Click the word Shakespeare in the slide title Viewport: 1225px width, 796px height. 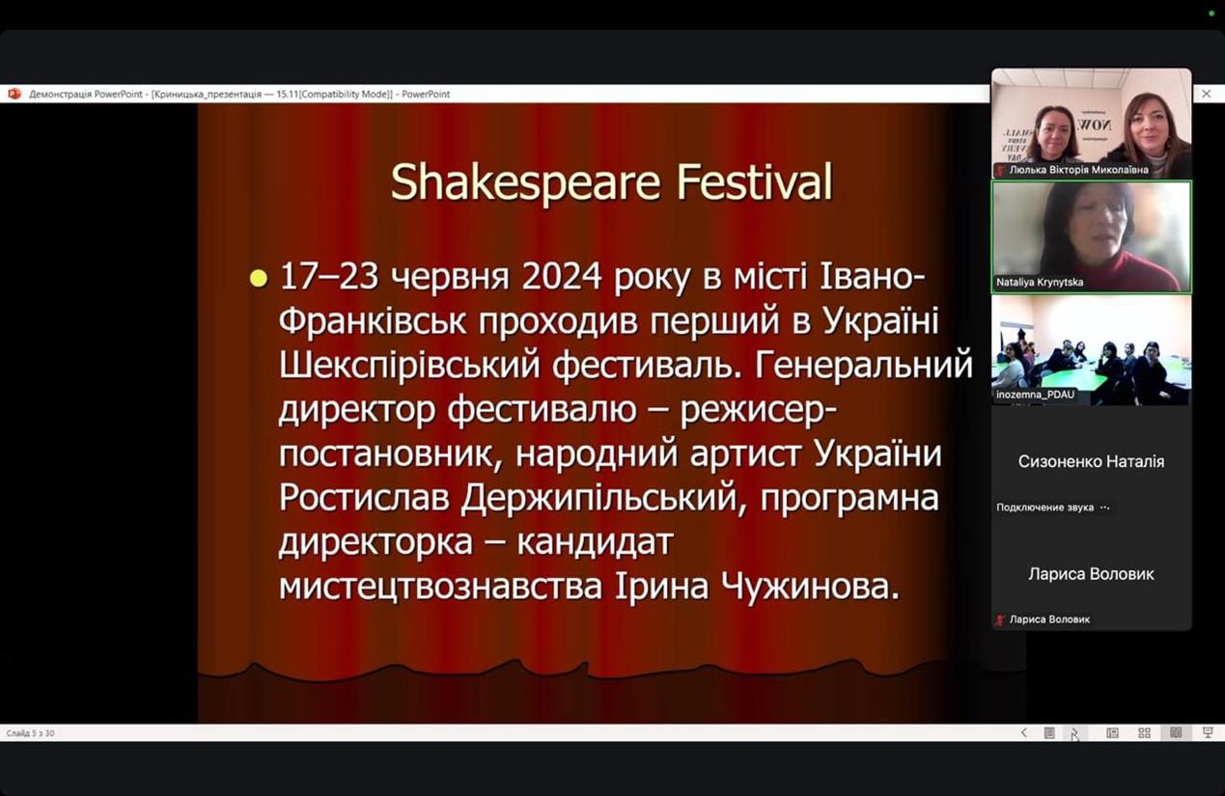click(x=525, y=182)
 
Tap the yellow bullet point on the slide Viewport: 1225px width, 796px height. click(x=258, y=278)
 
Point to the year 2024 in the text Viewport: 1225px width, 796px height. click(x=562, y=276)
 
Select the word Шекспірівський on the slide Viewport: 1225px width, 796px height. click(x=409, y=366)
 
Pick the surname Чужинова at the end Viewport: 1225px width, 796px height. click(x=810, y=586)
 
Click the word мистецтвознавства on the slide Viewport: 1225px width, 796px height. click(x=440, y=586)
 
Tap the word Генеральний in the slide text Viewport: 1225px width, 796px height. click(x=864, y=366)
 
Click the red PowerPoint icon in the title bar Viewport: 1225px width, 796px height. click(x=14, y=94)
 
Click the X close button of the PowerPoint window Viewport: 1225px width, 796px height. click(x=1206, y=94)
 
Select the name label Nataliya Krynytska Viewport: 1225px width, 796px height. click(x=1039, y=282)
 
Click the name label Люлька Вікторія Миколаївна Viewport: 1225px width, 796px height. click(x=1078, y=170)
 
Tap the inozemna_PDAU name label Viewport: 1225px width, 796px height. click(x=1035, y=395)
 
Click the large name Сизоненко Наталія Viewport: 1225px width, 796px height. click(x=1091, y=461)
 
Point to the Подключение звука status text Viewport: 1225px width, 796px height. click(x=1044, y=508)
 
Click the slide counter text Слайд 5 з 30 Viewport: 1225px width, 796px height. click(x=31, y=733)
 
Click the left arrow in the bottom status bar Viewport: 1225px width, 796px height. click(x=1024, y=732)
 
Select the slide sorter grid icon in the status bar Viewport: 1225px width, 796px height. click(x=1144, y=733)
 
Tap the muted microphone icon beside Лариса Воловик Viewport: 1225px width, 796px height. click(x=1000, y=619)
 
